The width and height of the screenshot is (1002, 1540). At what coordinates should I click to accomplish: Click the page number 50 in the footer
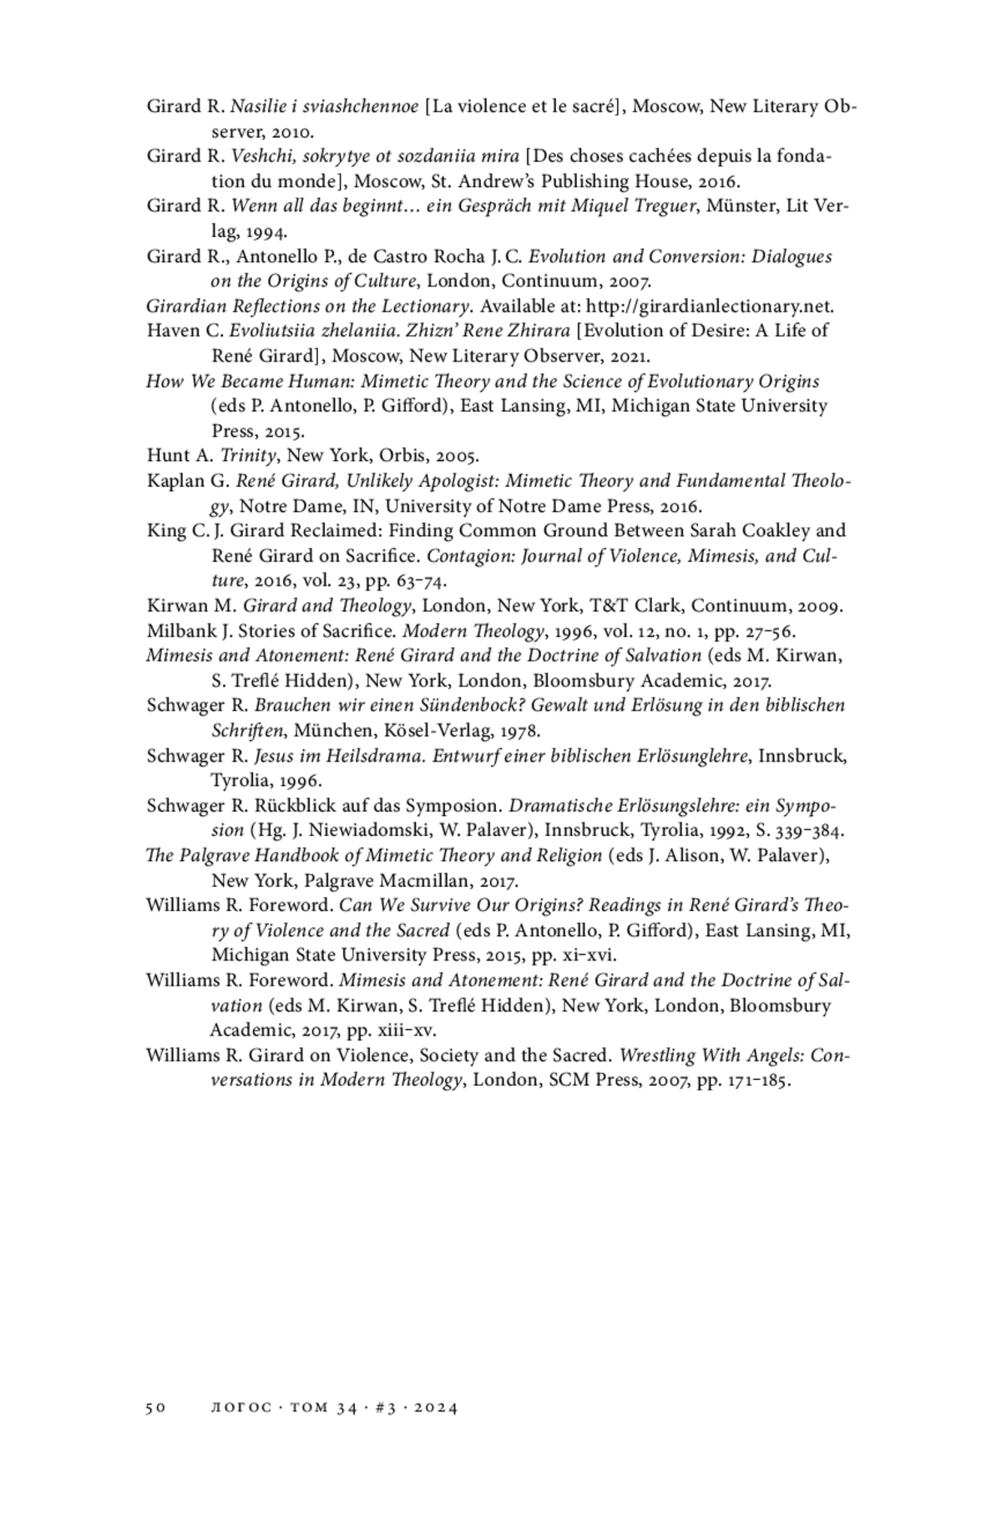(156, 1408)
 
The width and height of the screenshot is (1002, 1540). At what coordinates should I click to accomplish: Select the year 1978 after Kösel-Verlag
(519, 731)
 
